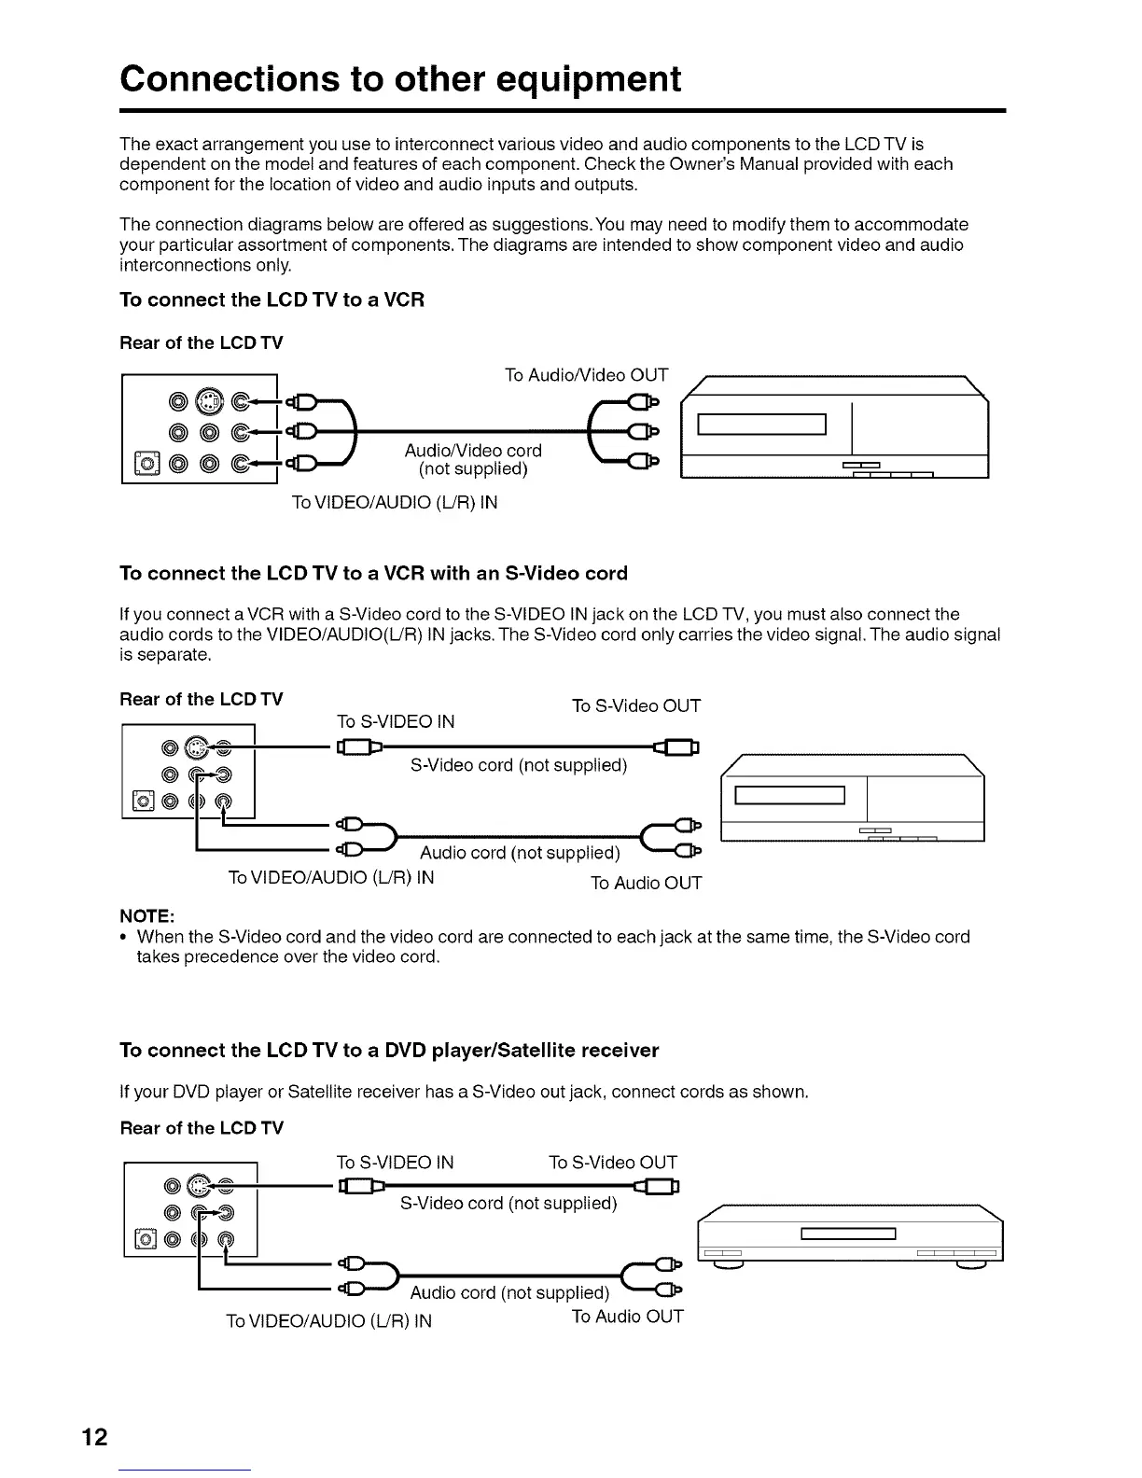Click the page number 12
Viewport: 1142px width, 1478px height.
tap(94, 1436)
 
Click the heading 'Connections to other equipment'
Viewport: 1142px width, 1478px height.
tap(400, 79)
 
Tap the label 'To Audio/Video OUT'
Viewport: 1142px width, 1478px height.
tap(586, 375)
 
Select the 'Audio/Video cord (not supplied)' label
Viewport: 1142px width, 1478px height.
tap(473, 459)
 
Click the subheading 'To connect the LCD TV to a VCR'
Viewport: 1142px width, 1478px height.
tap(272, 300)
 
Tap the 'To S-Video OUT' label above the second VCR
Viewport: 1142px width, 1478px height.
tap(635, 705)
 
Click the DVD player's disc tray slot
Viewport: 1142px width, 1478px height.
tap(848, 1234)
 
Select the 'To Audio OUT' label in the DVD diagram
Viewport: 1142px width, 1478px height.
tap(627, 1317)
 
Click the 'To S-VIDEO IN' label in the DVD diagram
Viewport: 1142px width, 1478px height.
tap(395, 1162)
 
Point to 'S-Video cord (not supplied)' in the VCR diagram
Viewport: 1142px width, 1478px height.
tap(519, 765)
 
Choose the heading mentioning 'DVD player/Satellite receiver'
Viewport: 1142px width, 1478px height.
tap(389, 1051)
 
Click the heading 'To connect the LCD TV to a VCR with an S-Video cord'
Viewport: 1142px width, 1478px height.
tap(373, 573)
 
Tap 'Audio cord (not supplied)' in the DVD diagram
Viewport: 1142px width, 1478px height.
tap(509, 1292)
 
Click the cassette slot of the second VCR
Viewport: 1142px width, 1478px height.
tap(789, 795)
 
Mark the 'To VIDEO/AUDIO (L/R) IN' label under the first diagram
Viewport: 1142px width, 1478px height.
tap(395, 502)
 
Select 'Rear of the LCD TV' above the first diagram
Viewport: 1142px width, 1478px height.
tap(202, 342)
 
